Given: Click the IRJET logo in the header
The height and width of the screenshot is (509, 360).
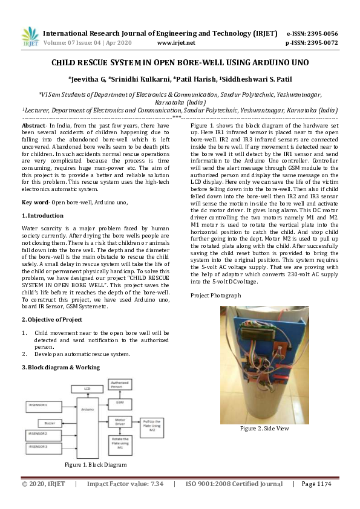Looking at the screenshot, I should coord(30,38).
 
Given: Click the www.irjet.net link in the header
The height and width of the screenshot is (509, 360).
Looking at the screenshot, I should coord(175,44).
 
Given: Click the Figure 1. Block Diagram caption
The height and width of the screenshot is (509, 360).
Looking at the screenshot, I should coord(96,465).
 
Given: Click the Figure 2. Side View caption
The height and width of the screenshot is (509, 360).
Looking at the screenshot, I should coord(264,428).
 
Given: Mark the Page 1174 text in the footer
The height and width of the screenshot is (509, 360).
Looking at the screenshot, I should coord(316,484).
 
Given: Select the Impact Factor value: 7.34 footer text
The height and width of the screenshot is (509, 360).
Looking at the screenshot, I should coord(125,484).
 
